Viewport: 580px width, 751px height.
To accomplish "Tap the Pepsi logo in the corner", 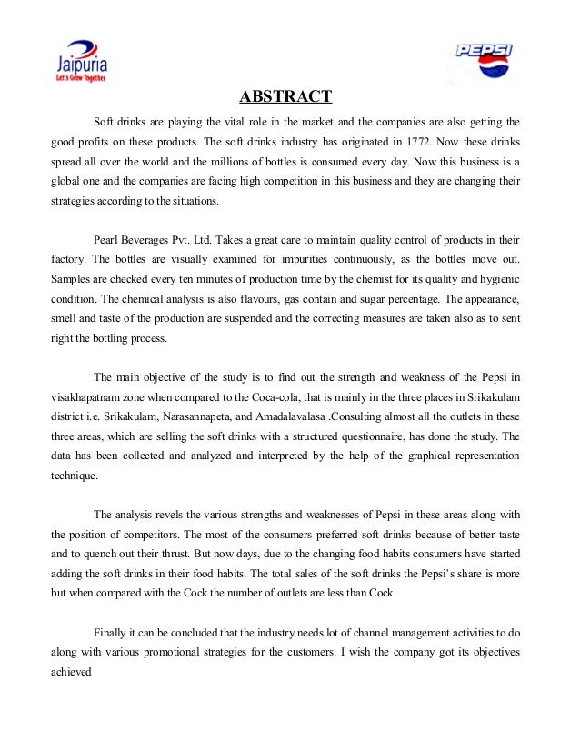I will point(485,61).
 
